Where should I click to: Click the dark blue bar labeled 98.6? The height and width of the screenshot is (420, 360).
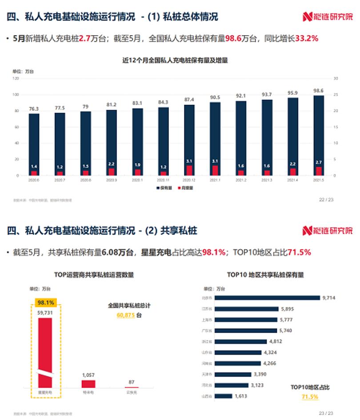pos(319,133)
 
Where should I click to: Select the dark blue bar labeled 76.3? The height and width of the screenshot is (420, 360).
pos(34,142)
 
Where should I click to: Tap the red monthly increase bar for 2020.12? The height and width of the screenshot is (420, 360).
pos(189,170)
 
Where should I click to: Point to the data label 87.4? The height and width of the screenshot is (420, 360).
pos(189,99)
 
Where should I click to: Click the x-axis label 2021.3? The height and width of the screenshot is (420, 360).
pos(267,181)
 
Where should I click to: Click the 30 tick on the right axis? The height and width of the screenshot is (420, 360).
pos(336,79)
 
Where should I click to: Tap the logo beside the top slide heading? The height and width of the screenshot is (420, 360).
pos(328,17)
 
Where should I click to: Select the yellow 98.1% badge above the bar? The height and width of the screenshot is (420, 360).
pos(46,303)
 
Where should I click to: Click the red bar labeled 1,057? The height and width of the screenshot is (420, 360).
pos(88,384)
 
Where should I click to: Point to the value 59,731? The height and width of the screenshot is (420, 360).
pos(46,313)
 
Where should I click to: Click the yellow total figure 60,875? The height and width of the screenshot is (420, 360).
pos(126,315)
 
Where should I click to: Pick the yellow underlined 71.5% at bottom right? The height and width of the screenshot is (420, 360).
pos(310,397)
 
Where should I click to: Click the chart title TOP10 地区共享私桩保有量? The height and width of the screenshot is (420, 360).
pos(265,275)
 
